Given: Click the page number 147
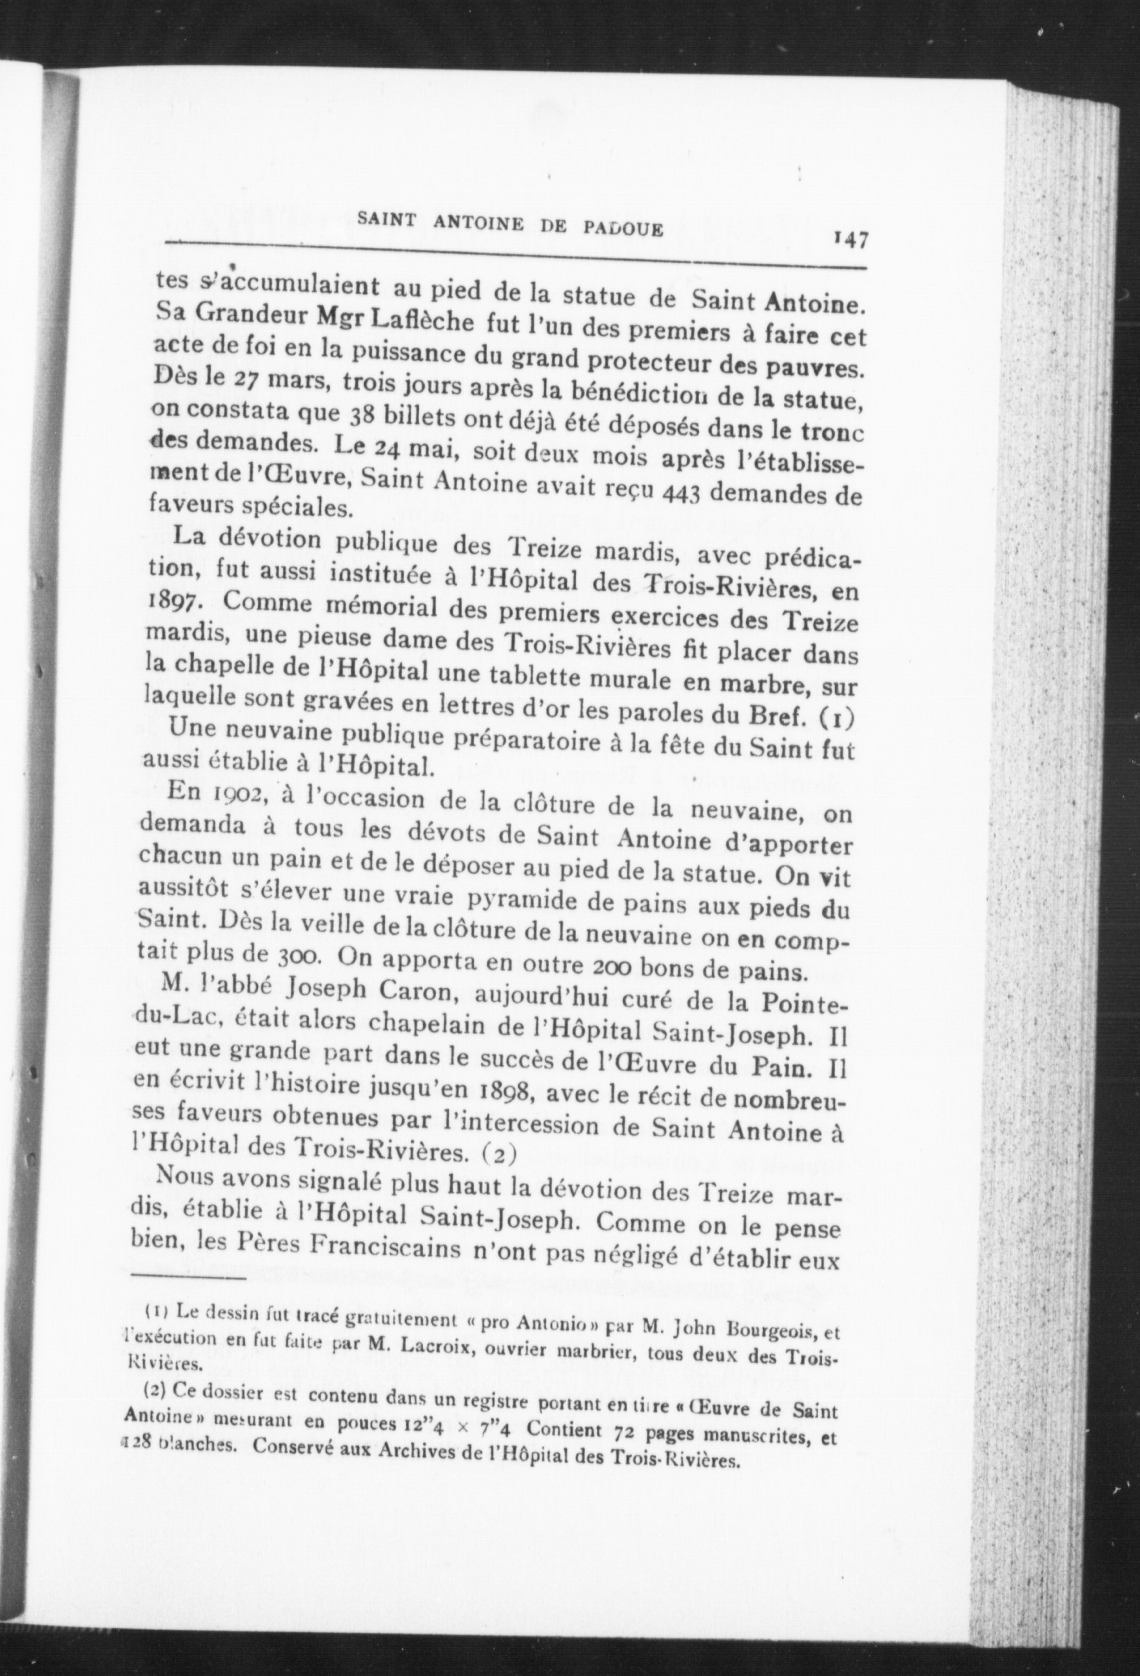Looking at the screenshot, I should click(850, 239).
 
